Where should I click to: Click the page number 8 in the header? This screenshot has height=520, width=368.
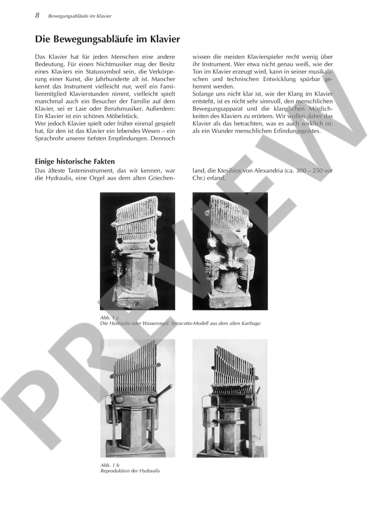(37, 16)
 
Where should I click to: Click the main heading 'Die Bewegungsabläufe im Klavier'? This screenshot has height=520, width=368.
(107, 39)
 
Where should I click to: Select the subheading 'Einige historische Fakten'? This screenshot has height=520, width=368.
(75, 161)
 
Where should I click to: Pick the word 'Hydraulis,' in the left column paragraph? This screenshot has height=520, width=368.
(58, 178)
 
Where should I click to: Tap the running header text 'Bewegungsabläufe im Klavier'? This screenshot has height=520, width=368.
(80, 16)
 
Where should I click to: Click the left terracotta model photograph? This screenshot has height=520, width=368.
(137, 251)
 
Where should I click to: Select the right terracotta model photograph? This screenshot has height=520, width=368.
(230, 251)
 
